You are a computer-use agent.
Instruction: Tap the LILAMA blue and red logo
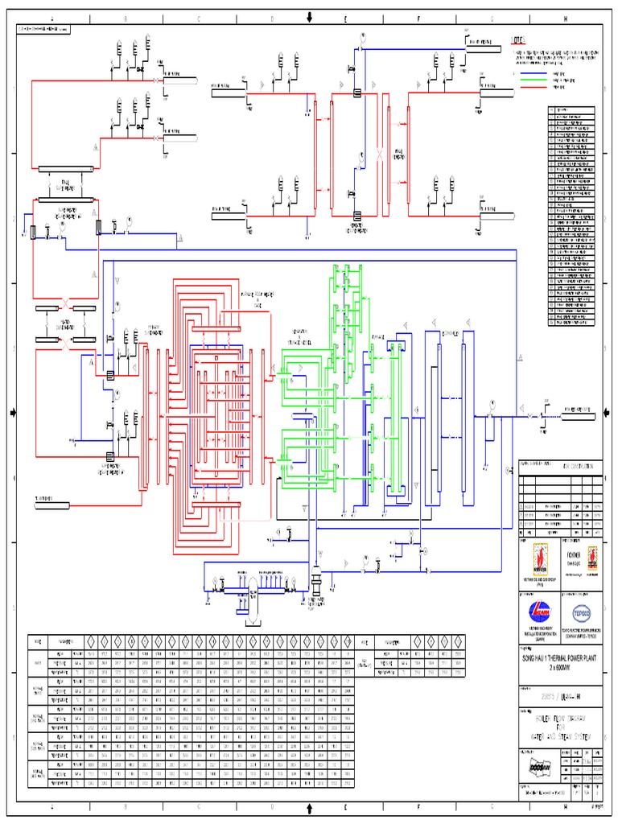[535, 609]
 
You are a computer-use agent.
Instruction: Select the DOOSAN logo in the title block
[534, 768]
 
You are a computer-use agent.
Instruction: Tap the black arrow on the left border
[11, 413]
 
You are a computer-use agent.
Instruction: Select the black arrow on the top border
[309, 15]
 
